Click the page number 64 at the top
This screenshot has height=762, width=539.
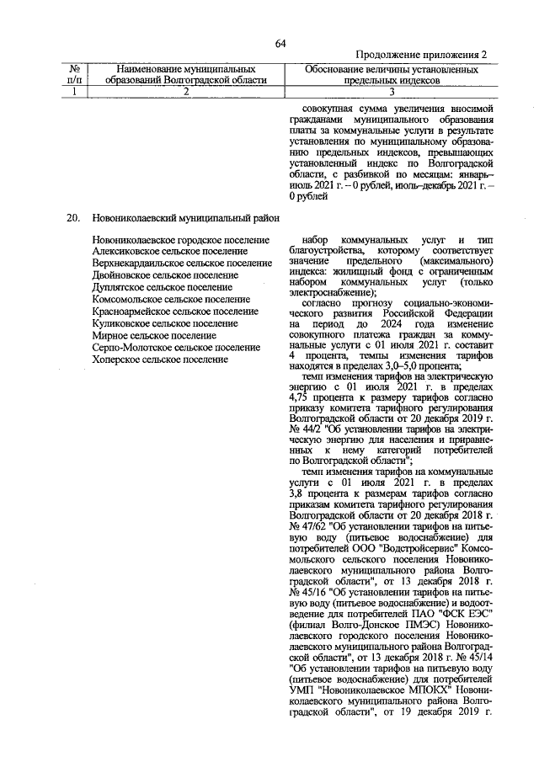tap(280, 44)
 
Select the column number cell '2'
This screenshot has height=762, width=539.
tap(186, 93)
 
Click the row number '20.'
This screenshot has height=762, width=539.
tap(73, 218)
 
